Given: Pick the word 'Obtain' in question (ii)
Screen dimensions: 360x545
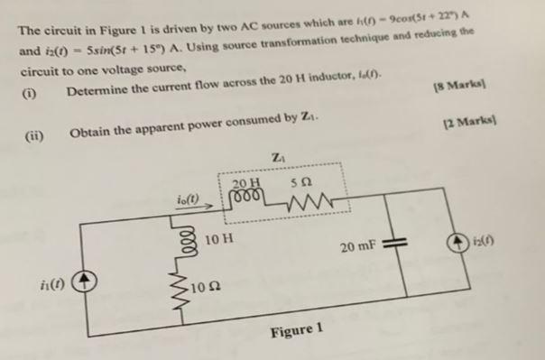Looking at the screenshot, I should [x=90, y=134].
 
